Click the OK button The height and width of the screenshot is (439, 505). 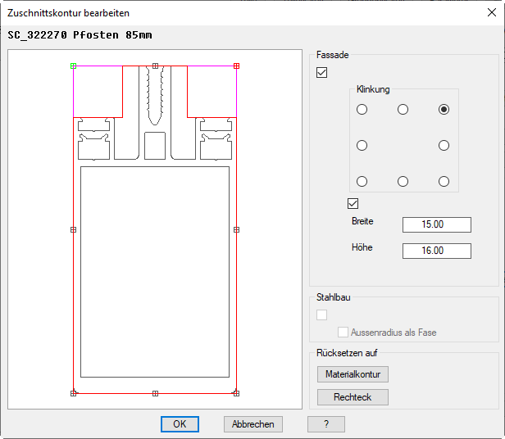(180, 424)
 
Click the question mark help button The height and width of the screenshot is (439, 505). (326, 424)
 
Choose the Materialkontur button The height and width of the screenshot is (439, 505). (353, 374)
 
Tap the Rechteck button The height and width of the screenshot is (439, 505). (353, 397)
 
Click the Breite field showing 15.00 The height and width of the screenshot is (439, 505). (437, 224)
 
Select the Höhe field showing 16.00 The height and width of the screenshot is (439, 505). (437, 251)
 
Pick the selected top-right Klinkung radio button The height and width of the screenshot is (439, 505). (444, 110)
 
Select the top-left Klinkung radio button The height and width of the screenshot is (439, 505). (362, 110)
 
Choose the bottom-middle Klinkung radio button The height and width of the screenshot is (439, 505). (403, 182)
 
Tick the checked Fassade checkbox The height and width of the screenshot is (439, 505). (321, 72)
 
